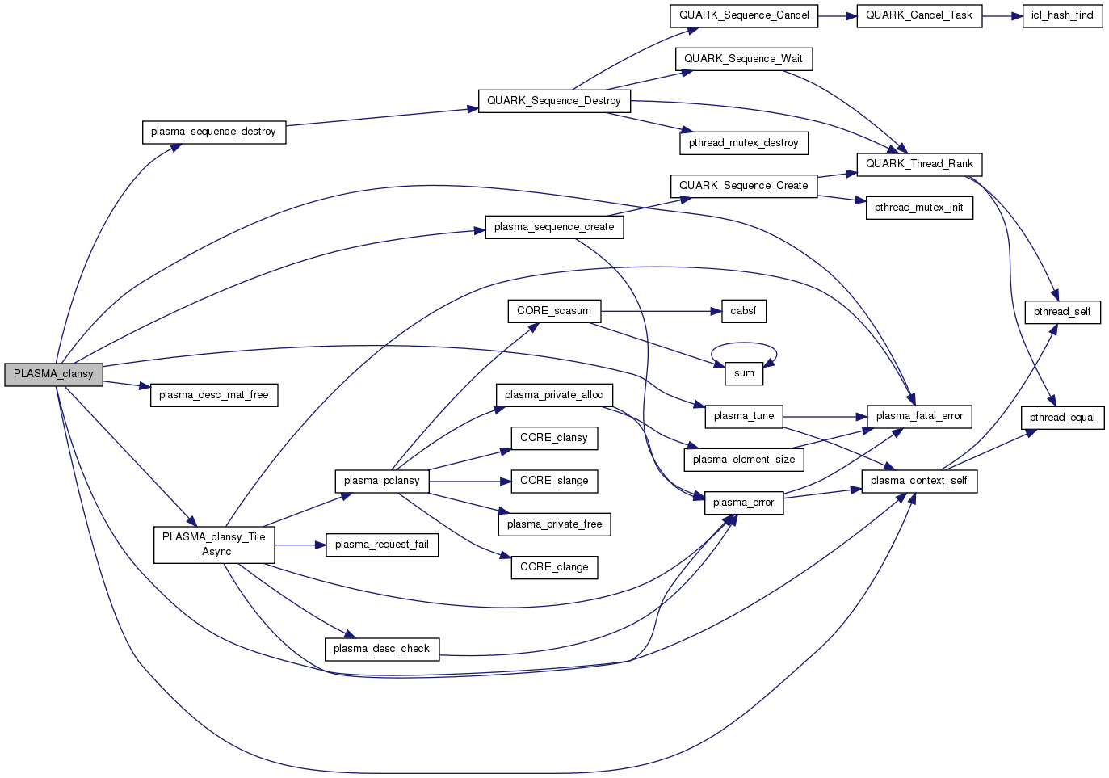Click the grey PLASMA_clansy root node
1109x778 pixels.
[54, 375]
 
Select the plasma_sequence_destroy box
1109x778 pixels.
[214, 132]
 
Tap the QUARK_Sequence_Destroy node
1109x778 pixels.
[554, 101]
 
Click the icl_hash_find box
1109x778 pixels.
[1062, 15]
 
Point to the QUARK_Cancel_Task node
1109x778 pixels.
[919, 15]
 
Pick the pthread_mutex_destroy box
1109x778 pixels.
[744, 143]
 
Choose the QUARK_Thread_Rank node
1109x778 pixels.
[919, 164]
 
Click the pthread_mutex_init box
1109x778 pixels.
[919, 208]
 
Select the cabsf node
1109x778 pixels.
[743, 311]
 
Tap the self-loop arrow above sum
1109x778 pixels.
[744, 345]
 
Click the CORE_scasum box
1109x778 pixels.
[554, 311]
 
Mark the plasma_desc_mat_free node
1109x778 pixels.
[214, 395]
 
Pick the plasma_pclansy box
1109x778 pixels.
[382, 482]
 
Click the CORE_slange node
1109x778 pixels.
[554, 482]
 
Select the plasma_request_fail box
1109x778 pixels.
[382, 545]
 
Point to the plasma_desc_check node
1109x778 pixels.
[382, 649]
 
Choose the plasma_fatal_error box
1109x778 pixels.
[919, 417]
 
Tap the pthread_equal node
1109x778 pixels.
[1062, 418]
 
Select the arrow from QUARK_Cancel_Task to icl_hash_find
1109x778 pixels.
[1002, 15]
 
